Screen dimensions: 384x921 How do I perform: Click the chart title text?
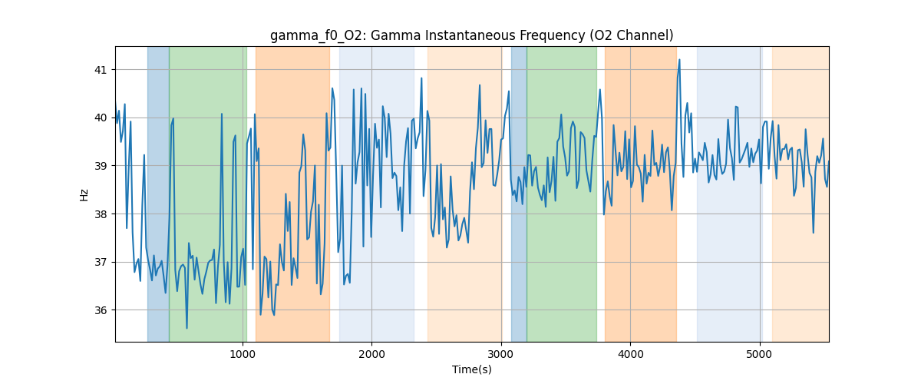click(471, 35)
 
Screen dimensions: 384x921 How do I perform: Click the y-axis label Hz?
click(84, 194)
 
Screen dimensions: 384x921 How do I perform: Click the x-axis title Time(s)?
click(472, 369)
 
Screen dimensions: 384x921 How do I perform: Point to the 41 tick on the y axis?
click(101, 70)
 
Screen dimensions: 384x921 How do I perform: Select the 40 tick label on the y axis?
click(101, 118)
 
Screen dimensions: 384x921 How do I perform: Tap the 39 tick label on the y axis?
click(101, 166)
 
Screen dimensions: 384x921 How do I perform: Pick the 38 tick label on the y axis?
click(101, 214)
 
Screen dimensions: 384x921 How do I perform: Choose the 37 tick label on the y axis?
click(101, 262)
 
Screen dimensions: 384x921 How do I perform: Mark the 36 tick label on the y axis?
click(101, 310)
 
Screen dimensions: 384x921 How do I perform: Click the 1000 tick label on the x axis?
click(243, 354)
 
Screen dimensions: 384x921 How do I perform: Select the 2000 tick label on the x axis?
click(371, 354)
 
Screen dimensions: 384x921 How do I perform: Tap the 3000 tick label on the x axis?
click(500, 354)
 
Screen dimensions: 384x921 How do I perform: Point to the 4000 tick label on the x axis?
click(630, 354)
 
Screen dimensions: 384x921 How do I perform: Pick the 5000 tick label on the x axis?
click(759, 354)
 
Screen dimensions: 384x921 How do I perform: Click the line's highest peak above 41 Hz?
click(679, 59)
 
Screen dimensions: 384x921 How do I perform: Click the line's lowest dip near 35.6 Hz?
click(187, 328)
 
